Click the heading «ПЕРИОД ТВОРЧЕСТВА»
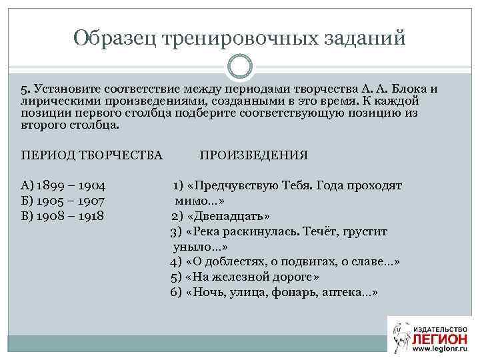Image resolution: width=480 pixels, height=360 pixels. point(92,155)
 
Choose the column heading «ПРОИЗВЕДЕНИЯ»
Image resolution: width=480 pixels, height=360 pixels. point(253,155)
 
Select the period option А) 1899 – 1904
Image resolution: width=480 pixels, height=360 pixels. point(64,185)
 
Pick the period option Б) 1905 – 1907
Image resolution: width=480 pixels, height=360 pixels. point(63,200)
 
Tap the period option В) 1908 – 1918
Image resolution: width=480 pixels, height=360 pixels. point(63,215)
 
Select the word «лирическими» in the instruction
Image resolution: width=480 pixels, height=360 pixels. point(55,100)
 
